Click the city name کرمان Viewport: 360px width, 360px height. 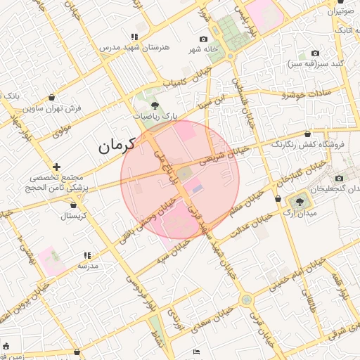point(115,147)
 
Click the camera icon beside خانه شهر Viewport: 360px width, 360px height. point(204,39)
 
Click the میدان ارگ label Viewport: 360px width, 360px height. point(304,212)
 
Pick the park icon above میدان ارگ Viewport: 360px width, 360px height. point(301,199)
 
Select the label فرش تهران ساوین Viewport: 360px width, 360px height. point(55,109)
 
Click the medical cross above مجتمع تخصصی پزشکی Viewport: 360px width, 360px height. point(56,167)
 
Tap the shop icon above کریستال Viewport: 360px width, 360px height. point(73,205)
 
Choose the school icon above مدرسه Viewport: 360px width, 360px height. point(87,256)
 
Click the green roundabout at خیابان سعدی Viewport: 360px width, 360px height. point(246,300)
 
